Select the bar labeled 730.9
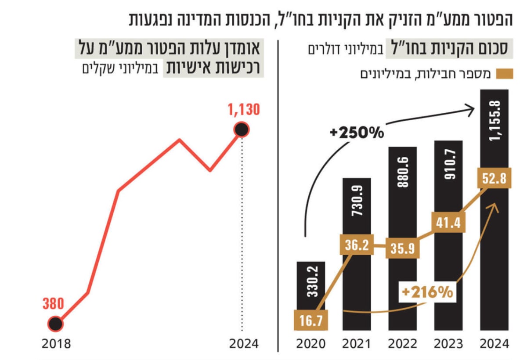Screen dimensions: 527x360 357,254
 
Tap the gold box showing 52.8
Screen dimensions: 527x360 494,178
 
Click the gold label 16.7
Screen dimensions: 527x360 311,320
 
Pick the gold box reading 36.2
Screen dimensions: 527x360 357,245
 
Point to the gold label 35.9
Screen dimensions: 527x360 403,248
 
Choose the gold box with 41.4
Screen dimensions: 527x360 448,222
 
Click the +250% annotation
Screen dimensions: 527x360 357,133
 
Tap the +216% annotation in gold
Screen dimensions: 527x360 427,292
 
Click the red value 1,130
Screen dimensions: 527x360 244,109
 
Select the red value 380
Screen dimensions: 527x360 53,303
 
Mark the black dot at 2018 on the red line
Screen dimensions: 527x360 55,324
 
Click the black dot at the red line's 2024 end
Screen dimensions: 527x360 242,130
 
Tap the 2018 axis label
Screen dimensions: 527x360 56,344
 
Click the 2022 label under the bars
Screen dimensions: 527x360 403,344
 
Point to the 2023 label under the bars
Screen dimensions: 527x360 448,344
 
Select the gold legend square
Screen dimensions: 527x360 505,74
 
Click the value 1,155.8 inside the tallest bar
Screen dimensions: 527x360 495,121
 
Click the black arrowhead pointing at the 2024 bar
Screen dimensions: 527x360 469,111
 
